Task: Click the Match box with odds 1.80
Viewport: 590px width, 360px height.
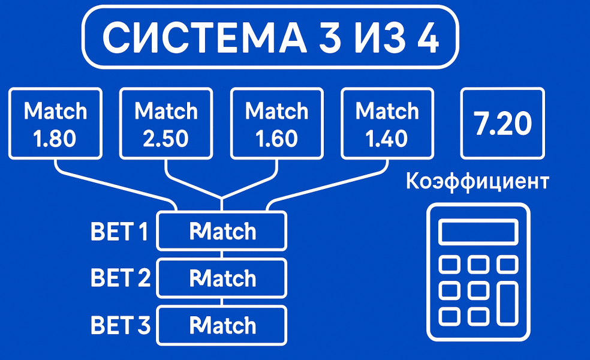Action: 55,124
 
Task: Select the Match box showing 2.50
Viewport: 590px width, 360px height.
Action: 166,124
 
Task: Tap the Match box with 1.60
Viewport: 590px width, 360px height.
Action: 276,124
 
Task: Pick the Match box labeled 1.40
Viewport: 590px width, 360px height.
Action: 387,124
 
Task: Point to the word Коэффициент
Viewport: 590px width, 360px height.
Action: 477,181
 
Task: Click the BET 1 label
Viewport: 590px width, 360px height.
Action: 119,232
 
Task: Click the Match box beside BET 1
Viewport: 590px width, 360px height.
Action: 221,231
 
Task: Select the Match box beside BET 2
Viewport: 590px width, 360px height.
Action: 221,278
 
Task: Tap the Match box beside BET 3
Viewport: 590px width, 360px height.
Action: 221,326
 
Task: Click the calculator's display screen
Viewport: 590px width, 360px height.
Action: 478,232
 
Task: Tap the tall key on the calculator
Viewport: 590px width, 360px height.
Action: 507,304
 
